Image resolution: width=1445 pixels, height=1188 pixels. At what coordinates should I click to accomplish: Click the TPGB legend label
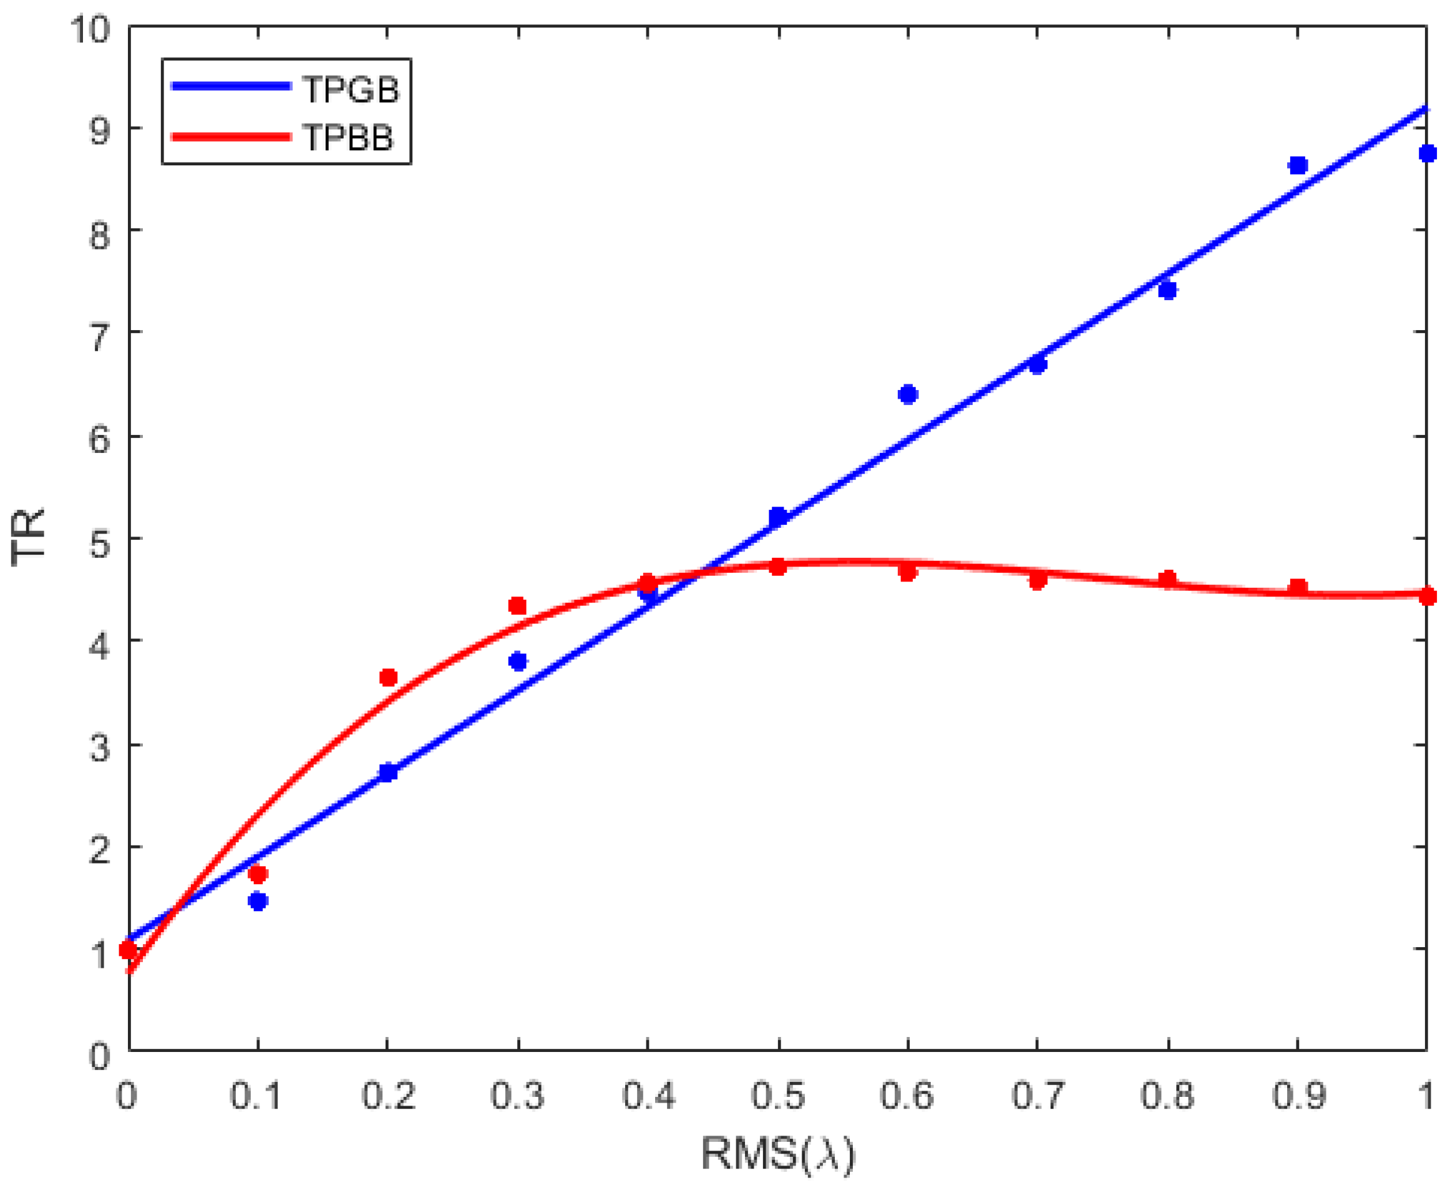(x=350, y=90)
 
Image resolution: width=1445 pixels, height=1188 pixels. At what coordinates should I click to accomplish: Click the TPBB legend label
(x=348, y=137)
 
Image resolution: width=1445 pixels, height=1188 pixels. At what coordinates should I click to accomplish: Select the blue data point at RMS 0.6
(x=908, y=394)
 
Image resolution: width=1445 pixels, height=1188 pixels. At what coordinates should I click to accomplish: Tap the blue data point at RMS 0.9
(x=1298, y=165)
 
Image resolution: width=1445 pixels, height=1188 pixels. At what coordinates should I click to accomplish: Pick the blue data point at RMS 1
(x=1427, y=153)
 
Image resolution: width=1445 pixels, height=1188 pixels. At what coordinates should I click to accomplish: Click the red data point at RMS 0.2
(x=388, y=678)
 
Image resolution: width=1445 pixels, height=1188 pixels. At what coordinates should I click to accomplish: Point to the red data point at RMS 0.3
(x=518, y=606)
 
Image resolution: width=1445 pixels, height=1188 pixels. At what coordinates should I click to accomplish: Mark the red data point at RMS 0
(x=128, y=949)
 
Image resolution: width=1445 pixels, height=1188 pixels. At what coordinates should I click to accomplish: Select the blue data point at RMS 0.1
(x=258, y=901)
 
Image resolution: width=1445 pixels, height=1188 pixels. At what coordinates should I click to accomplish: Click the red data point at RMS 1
(x=1427, y=596)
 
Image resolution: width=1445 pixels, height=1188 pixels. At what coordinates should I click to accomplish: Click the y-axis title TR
(x=29, y=538)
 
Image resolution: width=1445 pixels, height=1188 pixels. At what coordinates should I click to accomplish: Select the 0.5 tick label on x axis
(x=778, y=1096)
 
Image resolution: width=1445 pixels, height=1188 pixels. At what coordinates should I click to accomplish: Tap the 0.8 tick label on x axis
(x=1167, y=1096)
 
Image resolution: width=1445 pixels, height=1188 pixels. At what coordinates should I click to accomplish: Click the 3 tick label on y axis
(x=99, y=747)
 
